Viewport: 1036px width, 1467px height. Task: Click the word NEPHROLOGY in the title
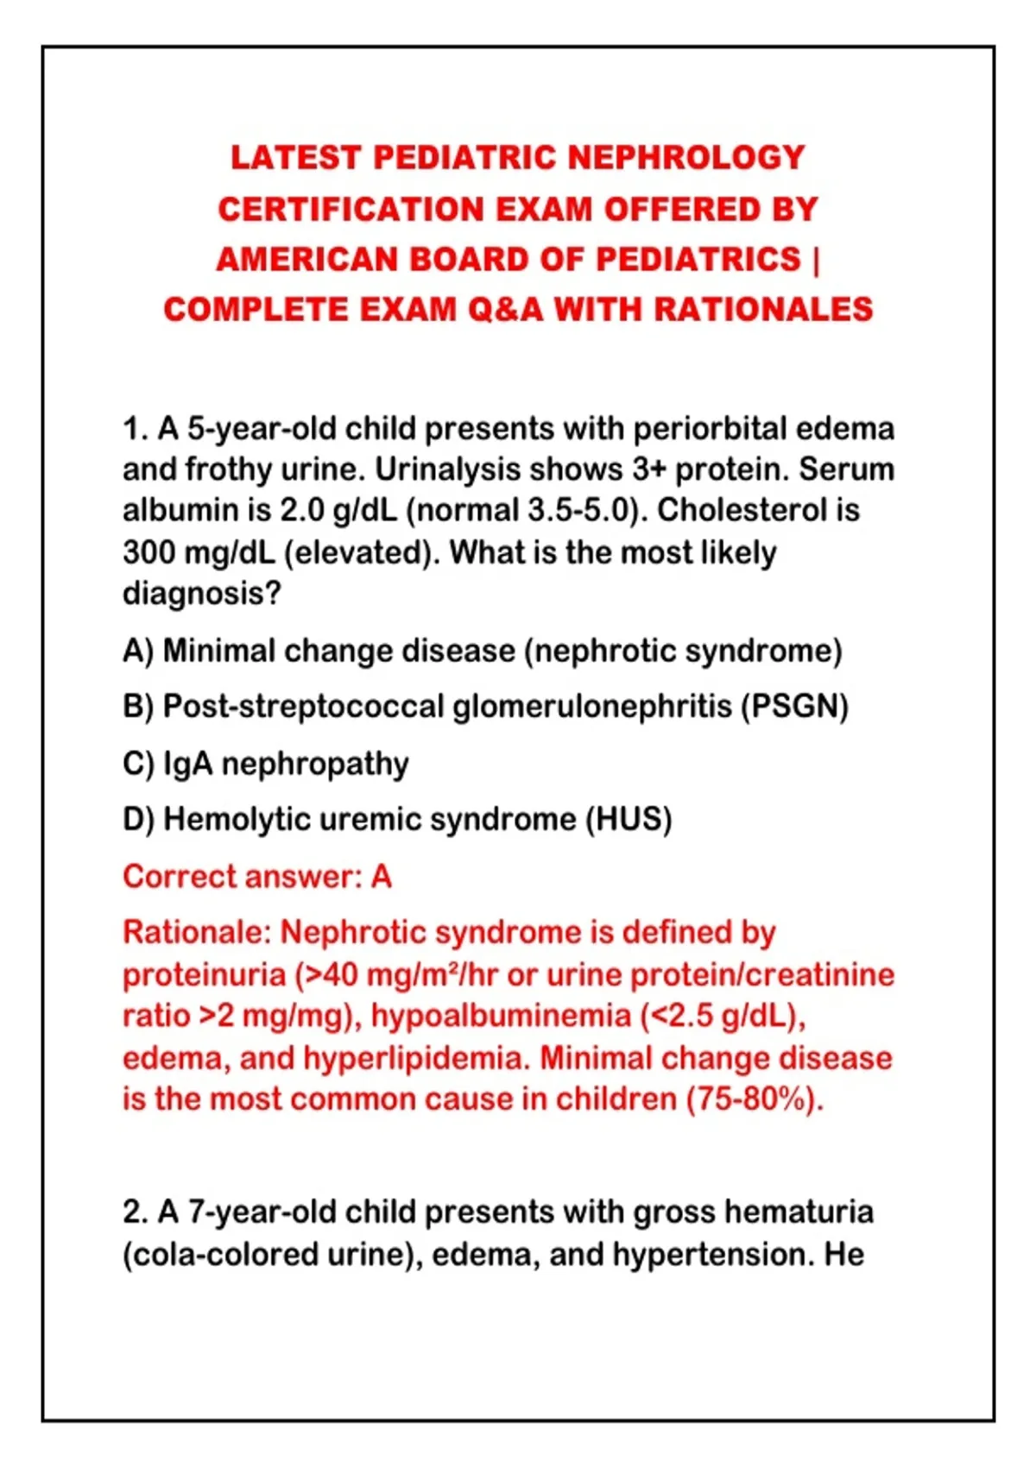[685, 158]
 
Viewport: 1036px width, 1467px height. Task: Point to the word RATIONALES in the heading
[763, 310]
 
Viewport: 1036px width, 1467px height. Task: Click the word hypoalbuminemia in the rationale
[500, 1017]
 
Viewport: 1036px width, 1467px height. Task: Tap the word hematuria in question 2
[799, 1212]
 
